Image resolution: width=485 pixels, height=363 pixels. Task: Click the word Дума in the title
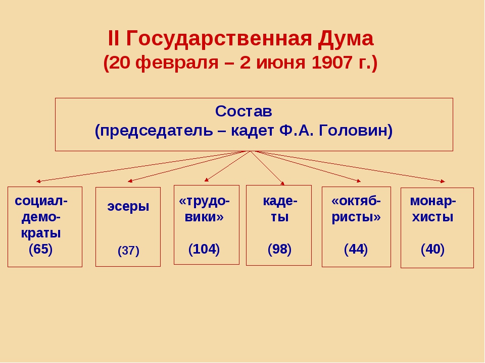(346, 39)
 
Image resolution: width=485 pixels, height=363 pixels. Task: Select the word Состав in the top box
(244, 111)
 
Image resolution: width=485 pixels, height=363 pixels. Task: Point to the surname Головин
(355, 130)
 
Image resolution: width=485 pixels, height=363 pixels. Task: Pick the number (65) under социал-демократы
(40, 249)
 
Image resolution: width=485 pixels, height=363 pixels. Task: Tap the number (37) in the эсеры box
(128, 251)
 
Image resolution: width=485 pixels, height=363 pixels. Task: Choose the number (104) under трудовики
(204, 249)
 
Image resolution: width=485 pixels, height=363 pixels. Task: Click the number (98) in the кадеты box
(279, 249)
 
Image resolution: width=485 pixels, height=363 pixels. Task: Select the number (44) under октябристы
(356, 249)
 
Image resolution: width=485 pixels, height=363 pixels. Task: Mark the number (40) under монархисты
(432, 249)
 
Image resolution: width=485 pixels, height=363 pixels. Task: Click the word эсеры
(128, 207)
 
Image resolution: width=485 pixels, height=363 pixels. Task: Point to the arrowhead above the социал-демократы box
(38, 181)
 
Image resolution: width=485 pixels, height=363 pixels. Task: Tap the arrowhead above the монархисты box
(443, 181)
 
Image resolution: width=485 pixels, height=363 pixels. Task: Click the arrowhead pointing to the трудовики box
(207, 179)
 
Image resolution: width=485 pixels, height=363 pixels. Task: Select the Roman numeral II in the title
(113, 39)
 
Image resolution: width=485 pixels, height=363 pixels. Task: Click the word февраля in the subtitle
(177, 63)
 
